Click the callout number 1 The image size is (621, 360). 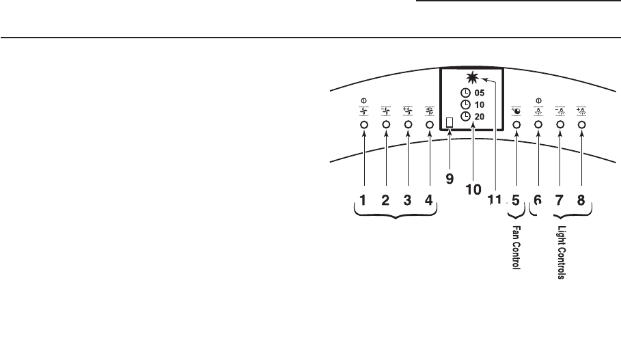click(x=363, y=201)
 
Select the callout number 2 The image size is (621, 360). click(x=385, y=201)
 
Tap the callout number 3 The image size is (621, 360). click(x=407, y=201)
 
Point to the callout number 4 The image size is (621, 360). click(x=429, y=201)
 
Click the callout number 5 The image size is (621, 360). click(x=516, y=201)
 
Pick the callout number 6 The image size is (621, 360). click(x=538, y=201)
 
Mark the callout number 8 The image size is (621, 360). click(x=581, y=201)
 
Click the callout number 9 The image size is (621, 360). click(x=450, y=179)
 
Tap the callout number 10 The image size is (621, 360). click(x=473, y=190)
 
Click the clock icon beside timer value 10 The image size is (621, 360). click(x=465, y=105)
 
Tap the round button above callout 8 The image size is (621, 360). click(x=581, y=125)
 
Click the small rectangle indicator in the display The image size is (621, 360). click(x=450, y=123)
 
